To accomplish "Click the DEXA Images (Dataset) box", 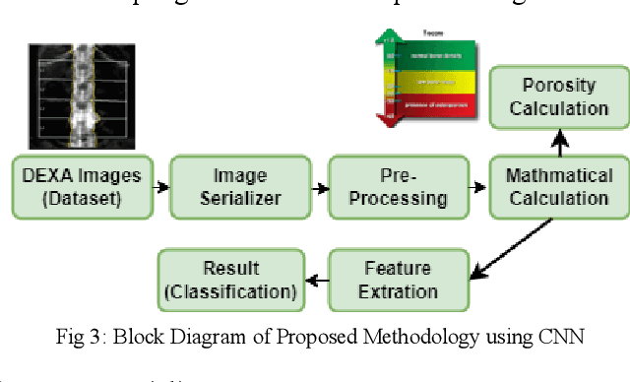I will click(x=81, y=187).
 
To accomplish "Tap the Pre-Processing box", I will click(x=401, y=187).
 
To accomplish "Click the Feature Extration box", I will click(x=397, y=280).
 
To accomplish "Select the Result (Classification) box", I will click(x=230, y=280).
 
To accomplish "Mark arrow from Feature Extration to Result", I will click(x=315, y=281).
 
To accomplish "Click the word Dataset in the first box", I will click(x=82, y=198).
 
